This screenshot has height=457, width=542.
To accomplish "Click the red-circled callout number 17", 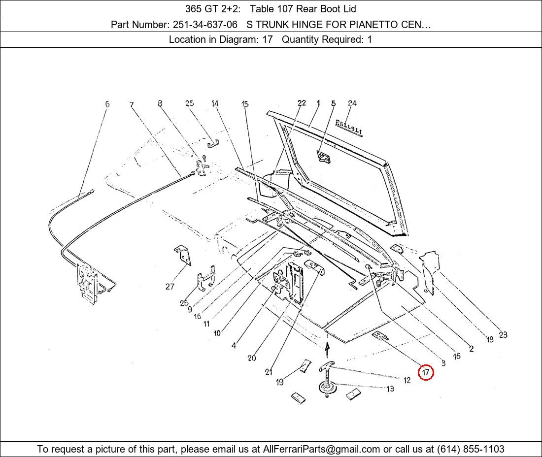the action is click(426, 372).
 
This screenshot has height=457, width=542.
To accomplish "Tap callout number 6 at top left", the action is click(107, 103).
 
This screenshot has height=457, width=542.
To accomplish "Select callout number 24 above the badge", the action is click(352, 103).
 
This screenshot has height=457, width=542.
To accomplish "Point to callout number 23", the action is click(503, 334).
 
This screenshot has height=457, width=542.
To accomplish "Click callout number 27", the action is click(169, 286).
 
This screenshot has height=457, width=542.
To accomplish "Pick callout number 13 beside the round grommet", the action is click(390, 389).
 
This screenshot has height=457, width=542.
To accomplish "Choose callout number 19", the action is click(280, 382).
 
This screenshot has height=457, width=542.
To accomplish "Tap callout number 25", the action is click(189, 103).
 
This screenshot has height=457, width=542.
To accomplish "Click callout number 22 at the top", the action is click(302, 103).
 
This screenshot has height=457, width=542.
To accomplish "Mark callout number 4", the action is click(234, 345).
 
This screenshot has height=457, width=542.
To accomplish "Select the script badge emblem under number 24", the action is click(349, 128).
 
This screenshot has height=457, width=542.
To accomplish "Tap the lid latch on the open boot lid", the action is click(324, 157).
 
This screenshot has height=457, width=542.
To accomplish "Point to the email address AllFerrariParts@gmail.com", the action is click(321, 449).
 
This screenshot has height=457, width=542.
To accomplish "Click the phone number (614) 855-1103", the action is click(471, 449).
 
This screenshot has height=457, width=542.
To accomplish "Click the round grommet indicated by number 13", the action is click(327, 387).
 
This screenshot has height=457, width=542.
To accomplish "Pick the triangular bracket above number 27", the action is click(182, 256).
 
